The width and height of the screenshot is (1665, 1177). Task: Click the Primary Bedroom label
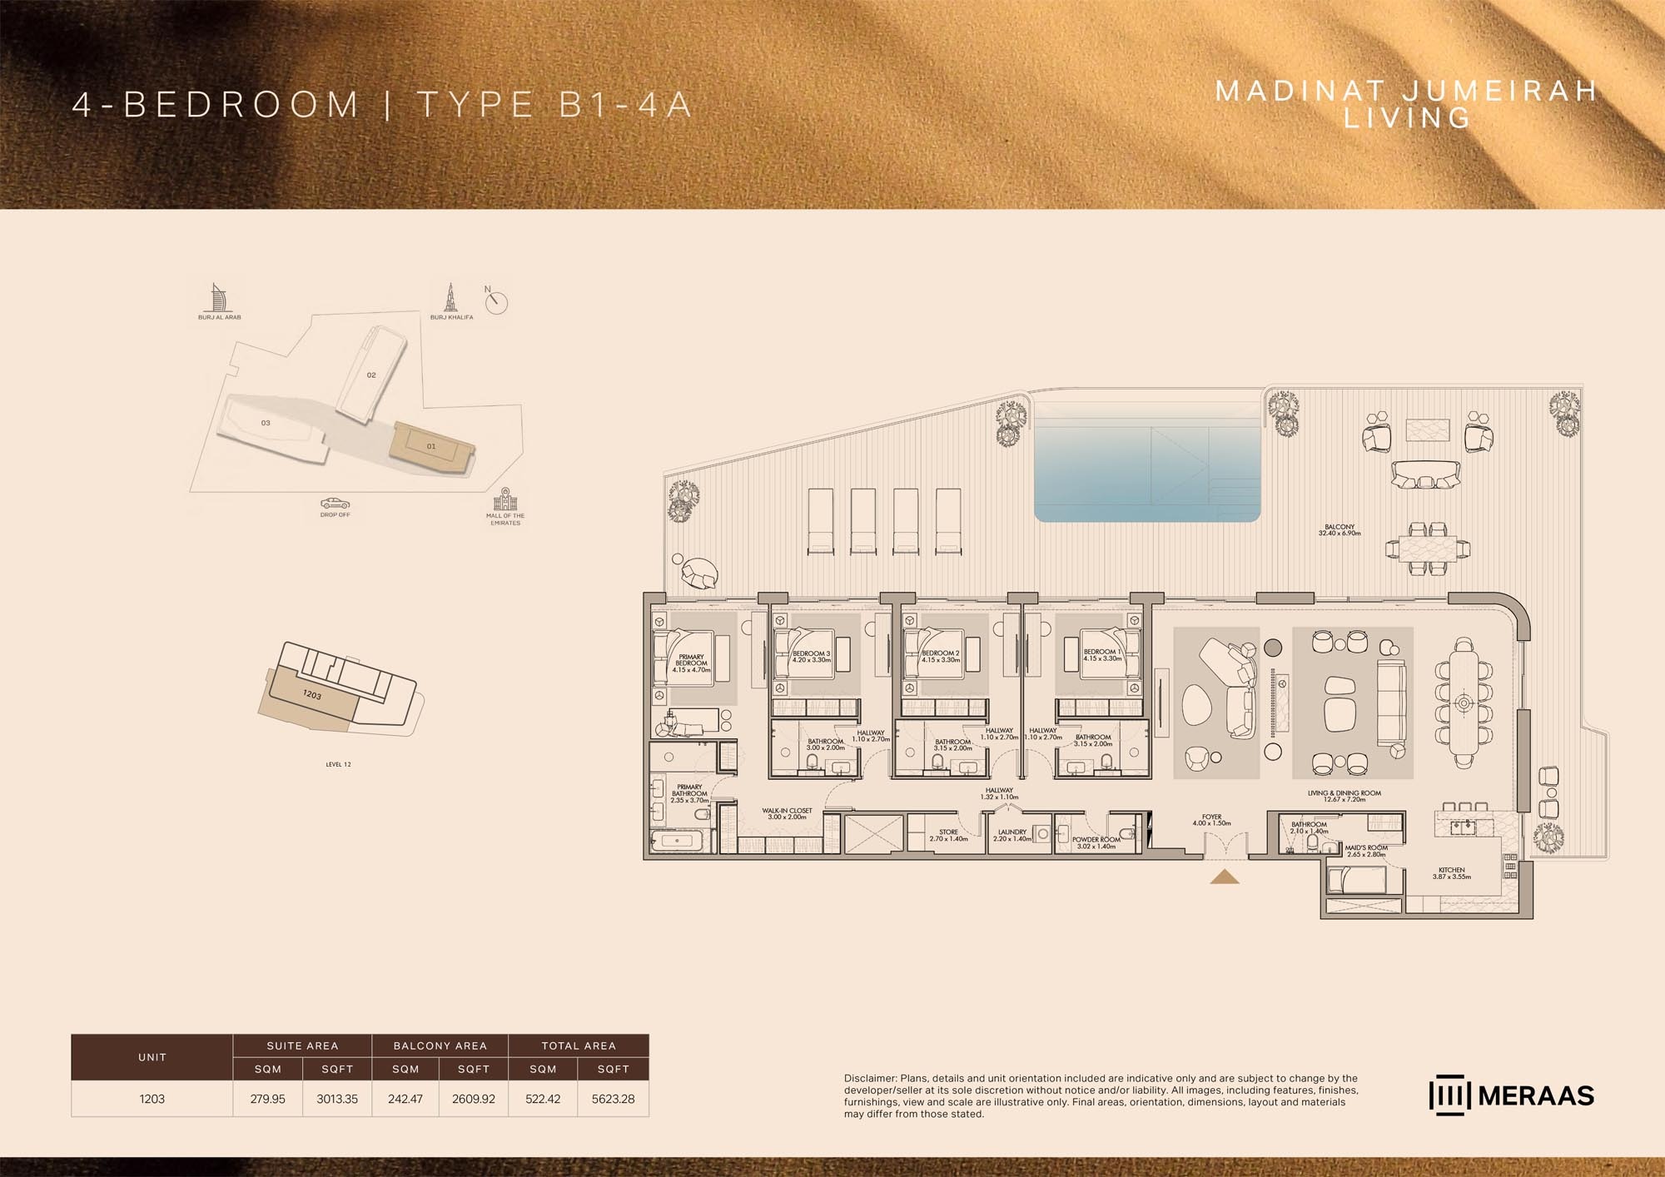(x=691, y=663)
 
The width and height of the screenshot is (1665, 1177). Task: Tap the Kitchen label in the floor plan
(x=1451, y=873)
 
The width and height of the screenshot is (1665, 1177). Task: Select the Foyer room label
(x=1211, y=820)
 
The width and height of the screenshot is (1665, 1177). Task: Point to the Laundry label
(x=1012, y=835)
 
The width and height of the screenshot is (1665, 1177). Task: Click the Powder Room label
(x=1096, y=842)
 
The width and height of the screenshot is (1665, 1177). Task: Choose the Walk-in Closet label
(x=787, y=813)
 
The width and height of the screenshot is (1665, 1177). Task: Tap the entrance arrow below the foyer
(x=1225, y=876)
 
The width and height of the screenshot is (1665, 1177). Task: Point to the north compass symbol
(x=495, y=301)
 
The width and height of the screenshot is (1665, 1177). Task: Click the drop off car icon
(x=335, y=504)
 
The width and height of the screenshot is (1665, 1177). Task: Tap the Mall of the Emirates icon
(x=505, y=500)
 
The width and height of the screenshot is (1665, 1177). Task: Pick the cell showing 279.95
(x=267, y=1099)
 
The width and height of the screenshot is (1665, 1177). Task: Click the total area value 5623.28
(x=613, y=1099)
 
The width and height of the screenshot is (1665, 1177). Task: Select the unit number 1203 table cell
(x=152, y=1099)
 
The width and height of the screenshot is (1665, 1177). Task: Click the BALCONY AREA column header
(x=440, y=1045)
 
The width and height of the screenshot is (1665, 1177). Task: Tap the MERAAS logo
(x=1511, y=1096)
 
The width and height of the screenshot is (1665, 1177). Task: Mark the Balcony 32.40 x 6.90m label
(x=1339, y=530)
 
